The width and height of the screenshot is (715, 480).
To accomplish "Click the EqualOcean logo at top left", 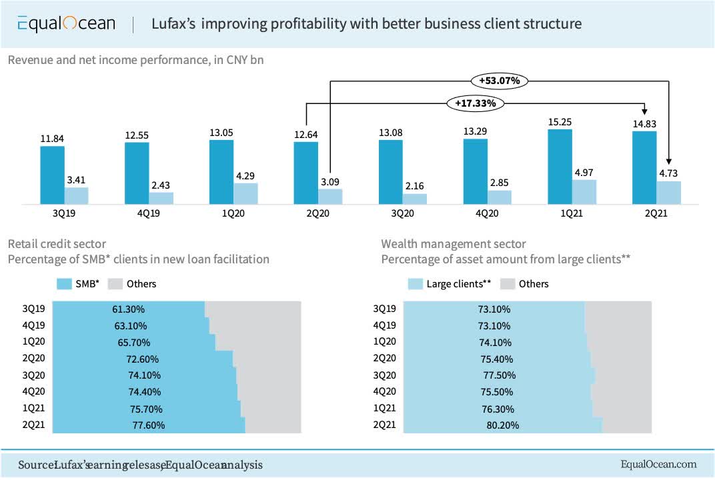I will click(66, 24).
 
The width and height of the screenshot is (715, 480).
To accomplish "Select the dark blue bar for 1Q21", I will click(560, 166).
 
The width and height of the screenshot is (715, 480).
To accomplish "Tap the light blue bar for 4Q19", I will click(161, 198).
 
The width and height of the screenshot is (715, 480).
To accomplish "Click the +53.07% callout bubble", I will click(499, 81).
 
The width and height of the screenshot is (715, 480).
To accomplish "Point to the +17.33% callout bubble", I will click(476, 103).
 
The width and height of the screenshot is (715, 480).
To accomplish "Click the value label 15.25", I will click(560, 122).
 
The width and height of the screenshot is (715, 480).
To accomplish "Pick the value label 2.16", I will click(415, 186).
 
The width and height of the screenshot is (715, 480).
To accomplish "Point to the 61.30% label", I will click(129, 309).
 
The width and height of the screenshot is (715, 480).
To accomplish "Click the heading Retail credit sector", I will click(57, 244).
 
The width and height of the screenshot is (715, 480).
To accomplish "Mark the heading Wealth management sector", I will click(453, 244).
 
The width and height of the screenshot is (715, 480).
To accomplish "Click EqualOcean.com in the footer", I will click(658, 464).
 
